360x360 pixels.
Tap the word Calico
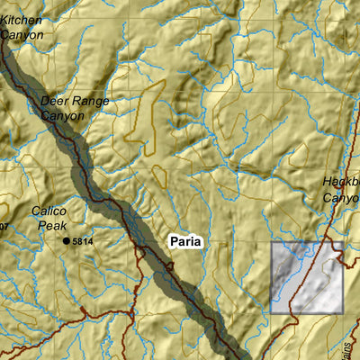(x=49, y=211)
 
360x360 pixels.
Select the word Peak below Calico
(x=52, y=225)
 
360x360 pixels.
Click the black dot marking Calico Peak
(x=67, y=241)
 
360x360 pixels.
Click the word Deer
(x=55, y=101)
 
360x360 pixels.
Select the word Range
(x=91, y=101)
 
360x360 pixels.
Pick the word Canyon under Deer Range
(x=64, y=115)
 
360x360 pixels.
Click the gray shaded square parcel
(x=306, y=278)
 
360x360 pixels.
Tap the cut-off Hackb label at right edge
(x=341, y=183)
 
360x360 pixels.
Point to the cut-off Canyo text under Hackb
(x=341, y=197)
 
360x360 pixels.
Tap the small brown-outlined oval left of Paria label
(x=159, y=176)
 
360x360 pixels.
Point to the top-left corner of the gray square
(x=272, y=243)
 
